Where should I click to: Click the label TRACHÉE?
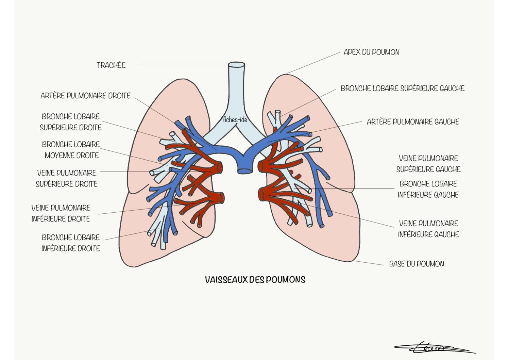click(x=111, y=65)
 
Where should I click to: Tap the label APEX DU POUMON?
click(x=371, y=52)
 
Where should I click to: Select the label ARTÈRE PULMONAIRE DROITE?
click(x=85, y=96)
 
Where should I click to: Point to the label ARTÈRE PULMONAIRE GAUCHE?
click(x=413, y=122)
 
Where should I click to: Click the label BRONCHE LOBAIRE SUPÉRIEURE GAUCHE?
click(x=403, y=88)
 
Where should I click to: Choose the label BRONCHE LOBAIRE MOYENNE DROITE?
click(x=71, y=150)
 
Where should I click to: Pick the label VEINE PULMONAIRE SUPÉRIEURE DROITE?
click(x=67, y=178)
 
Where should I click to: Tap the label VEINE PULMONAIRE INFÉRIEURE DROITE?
click(x=61, y=213)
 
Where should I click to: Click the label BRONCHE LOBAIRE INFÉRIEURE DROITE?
click(x=71, y=243)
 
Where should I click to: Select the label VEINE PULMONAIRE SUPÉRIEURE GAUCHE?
click(x=428, y=164)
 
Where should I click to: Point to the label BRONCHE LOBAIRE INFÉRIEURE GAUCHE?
click(x=428, y=189)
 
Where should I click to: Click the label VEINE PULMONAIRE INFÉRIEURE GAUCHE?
click(x=428, y=229)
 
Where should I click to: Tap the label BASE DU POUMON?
click(x=417, y=264)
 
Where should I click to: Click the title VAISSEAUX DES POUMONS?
click(x=255, y=279)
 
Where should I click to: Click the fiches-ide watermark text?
click(x=235, y=120)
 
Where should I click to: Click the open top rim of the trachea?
click(x=237, y=65)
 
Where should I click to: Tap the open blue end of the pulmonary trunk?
click(x=245, y=171)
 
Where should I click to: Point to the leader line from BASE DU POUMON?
click(x=368, y=263)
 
